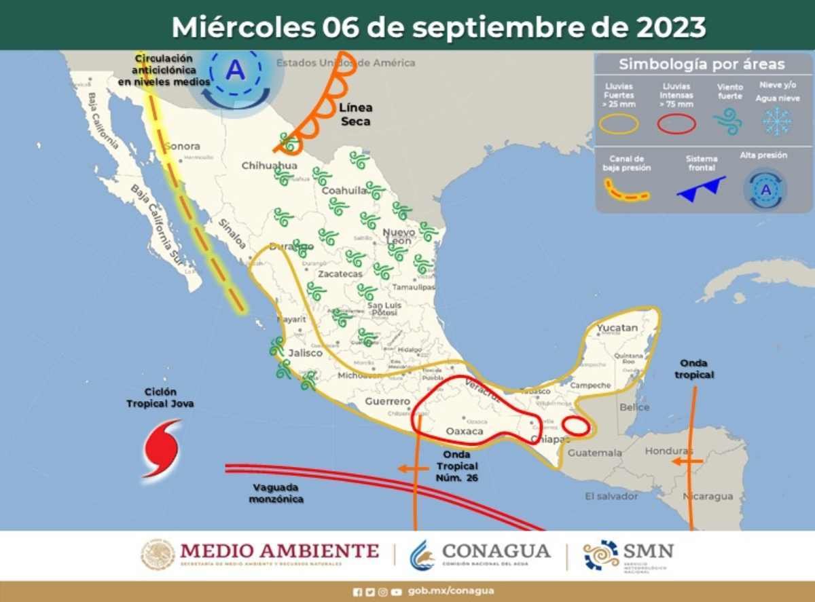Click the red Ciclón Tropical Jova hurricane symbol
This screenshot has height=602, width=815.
(x=162, y=447)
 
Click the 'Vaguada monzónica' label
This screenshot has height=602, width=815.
(x=276, y=493)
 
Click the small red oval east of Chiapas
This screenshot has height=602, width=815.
(x=577, y=427)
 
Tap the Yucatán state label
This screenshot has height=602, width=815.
(x=617, y=328)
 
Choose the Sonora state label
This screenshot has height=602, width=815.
(x=183, y=146)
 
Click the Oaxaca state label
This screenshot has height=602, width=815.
(x=465, y=431)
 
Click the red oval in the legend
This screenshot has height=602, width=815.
(x=676, y=124)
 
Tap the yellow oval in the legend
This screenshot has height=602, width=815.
(x=618, y=124)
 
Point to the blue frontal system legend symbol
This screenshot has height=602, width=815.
(x=701, y=189)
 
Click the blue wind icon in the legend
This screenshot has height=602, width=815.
(x=729, y=121)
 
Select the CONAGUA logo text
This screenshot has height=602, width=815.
(x=496, y=551)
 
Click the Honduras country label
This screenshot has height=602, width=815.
(x=668, y=451)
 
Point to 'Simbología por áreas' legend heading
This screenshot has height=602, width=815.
(x=702, y=64)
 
